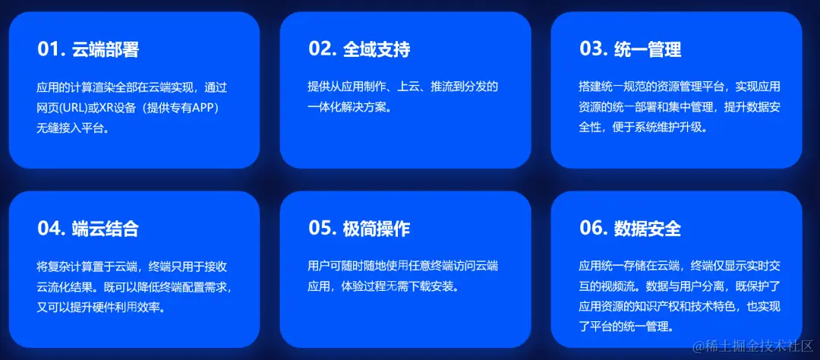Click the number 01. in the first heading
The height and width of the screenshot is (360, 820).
(51, 49)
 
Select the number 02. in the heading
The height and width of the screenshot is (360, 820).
(322, 49)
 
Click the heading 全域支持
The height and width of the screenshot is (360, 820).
(377, 49)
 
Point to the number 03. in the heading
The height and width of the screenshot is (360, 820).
(593, 49)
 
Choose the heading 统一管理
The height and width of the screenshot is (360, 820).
(648, 49)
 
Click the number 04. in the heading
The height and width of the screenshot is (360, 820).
(51, 229)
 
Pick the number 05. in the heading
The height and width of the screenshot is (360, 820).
(322, 229)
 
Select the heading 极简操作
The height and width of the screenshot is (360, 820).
(377, 229)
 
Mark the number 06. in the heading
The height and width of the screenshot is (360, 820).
(593, 229)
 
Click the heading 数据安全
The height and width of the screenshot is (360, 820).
(648, 229)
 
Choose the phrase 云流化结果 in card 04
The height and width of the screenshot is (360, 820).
(73, 287)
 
